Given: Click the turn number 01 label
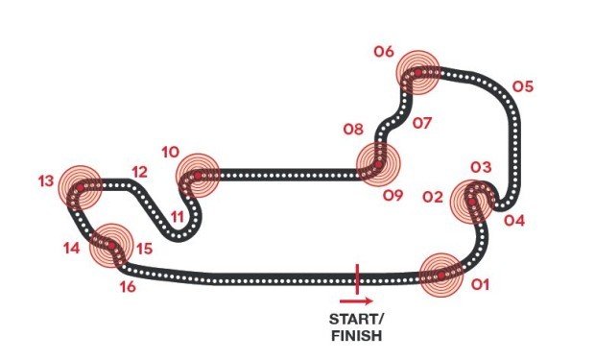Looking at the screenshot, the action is (481, 284).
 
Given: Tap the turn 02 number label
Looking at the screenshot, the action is (433, 197).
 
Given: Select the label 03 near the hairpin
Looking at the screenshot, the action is (481, 167).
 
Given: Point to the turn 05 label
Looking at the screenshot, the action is (523, 86).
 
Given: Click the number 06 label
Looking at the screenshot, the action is (384, 51).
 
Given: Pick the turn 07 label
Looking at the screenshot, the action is (422, 123).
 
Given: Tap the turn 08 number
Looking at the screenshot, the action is (353, 130).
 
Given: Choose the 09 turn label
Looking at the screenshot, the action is (393, 196).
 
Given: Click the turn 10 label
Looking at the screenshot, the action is (171, 153).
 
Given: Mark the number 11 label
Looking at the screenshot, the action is (178, 217).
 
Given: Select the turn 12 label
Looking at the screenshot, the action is (139, 172).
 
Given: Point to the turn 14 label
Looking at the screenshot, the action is (72, 249).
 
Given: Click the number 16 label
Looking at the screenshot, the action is (128, 286).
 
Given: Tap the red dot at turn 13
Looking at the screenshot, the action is (80, 187).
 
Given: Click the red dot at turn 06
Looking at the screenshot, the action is (417, 73).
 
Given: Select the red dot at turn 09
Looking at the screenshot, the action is (378, 164).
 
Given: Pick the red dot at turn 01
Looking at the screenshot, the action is (441, 276).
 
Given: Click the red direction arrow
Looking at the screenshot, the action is (356, 301).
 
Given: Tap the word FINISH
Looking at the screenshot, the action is (357, 336).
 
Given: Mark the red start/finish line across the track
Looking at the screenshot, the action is (357, 279).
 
